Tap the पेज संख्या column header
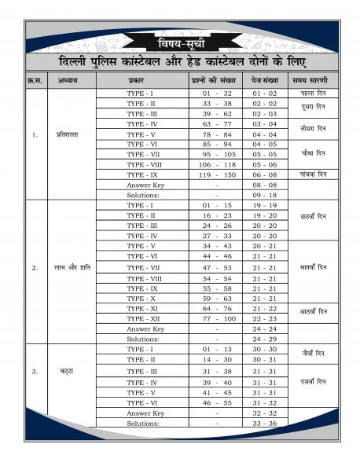(266, 80)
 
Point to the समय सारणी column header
(313, 80)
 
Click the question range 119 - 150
(216, 175)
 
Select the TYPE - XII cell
(146, 318)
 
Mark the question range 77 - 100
(216, 318)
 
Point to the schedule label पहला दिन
(313, 94)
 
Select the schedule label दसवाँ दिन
(313, 381)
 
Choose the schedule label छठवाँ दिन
(313, 215)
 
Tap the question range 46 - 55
(216, 402)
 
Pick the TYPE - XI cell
(146, 309)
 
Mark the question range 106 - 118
(216, 165)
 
